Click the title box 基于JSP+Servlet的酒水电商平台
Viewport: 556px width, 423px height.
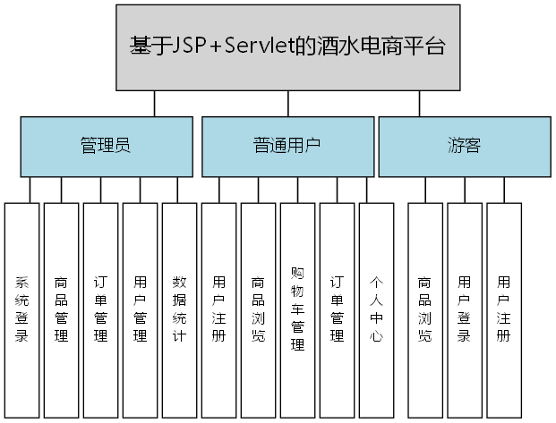click(287, 47)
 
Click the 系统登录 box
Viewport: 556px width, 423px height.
click(22, 309)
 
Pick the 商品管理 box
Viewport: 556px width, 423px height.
click(61, 309)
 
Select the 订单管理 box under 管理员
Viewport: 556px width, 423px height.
click(100, 309)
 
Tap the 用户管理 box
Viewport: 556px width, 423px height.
click(140, 309)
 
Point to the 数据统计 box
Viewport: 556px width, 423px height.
click(179, 309)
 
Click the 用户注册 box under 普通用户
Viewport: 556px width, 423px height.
click(218, 309)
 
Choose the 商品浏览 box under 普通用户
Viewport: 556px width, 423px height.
click(258, 309)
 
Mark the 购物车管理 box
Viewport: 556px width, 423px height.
click(297, 309)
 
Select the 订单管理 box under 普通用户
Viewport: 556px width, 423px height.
click(337, 309)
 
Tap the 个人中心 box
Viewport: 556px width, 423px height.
click(376, 309)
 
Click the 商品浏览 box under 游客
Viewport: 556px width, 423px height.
click(424, 309)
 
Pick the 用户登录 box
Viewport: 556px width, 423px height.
click(464, 309)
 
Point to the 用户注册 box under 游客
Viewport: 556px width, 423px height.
click(503, 309)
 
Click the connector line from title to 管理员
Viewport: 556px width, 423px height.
click(154, 103)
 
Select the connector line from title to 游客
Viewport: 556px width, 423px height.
click(419, 103)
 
